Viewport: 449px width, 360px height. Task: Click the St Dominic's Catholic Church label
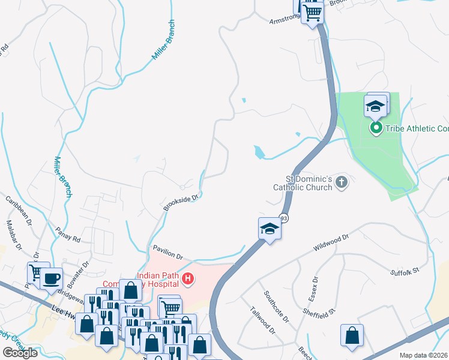pos(303,183)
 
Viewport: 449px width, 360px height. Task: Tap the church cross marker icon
pos(342,182)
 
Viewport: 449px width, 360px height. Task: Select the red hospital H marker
pos(188,278)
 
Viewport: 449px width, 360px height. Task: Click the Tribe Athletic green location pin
pos(376,128)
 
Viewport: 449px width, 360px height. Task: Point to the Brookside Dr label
pos(181,202)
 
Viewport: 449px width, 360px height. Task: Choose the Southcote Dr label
pos(277,305)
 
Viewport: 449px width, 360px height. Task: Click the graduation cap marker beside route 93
pos(270,229)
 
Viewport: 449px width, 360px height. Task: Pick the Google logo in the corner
pos(20,353)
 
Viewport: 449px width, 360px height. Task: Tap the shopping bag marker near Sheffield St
pos(352,335)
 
